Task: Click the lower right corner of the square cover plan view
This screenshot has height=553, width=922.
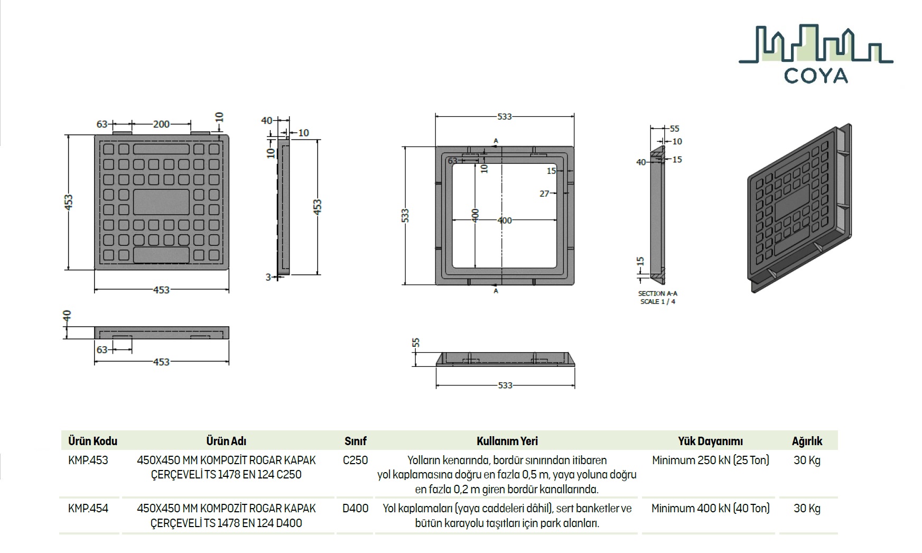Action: click(x=229, y=270)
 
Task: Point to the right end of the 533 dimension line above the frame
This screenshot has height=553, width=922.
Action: click(x=574, y=116)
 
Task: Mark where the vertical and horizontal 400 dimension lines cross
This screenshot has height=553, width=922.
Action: click(x=475, y=220)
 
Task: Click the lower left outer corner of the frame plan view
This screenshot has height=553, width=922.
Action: click(x=436, y=285)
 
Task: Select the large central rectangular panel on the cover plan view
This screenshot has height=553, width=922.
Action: click(x=161, y=202)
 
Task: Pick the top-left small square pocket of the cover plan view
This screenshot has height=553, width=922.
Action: click(x=108, y=149)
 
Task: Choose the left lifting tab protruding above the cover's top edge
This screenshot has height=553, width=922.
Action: click(x=122, y=132)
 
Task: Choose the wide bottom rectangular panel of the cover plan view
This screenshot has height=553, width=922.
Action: click(x=161, y=255)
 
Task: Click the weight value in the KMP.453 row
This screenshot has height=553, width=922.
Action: click(x=807, y=460)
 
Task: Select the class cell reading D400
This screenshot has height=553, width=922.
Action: click(x=356, y=509)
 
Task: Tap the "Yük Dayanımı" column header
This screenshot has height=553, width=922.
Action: click(x=710, y=441)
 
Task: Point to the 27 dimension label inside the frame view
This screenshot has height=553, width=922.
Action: click(x=544, y=194)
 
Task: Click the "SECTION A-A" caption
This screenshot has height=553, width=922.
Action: click(x=657, y=293)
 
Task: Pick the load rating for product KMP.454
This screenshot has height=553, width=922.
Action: click(x=710, y=509)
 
